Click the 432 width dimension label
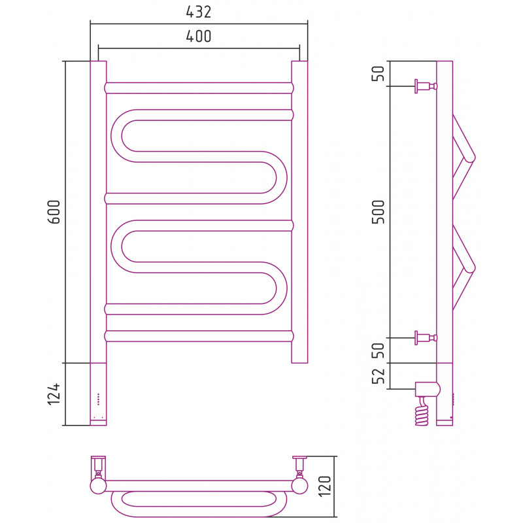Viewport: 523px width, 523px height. pos(199,12)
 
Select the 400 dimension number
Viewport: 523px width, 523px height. pos(199,37)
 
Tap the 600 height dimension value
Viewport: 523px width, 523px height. pos(54,212)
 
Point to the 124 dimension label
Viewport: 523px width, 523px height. pos(54,394)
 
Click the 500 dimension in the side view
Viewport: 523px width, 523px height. pos(379,212)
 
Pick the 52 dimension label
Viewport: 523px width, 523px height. pos(379,377)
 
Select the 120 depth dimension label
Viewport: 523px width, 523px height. pos(324,486)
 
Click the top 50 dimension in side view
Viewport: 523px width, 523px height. pos(379,73)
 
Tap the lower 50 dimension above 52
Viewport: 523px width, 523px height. pos(379,350)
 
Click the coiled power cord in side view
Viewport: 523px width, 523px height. pos(422,411)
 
